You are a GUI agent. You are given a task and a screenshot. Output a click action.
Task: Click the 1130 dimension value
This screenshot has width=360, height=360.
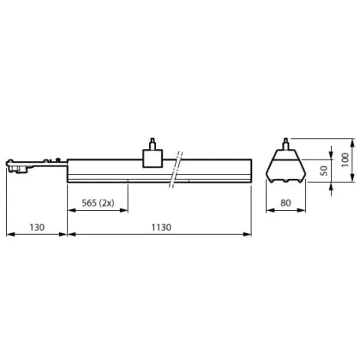161,227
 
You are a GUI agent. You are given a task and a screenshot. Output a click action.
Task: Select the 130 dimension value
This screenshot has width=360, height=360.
37,227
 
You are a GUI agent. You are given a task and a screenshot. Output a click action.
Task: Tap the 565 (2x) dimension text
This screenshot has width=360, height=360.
98,203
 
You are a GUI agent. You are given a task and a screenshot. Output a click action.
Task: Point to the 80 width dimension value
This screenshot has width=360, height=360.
285,203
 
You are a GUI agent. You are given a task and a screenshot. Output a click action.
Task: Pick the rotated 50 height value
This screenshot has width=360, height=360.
324,171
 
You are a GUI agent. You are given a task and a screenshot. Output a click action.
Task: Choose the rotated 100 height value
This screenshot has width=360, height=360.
345,160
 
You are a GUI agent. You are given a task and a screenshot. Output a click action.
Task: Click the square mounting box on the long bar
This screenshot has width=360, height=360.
153,159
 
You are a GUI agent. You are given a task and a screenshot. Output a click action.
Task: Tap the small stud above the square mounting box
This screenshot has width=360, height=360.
153,144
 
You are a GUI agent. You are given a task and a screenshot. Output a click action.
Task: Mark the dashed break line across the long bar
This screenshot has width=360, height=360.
176,170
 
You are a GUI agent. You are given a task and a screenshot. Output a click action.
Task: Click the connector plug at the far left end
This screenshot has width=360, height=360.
17,165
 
